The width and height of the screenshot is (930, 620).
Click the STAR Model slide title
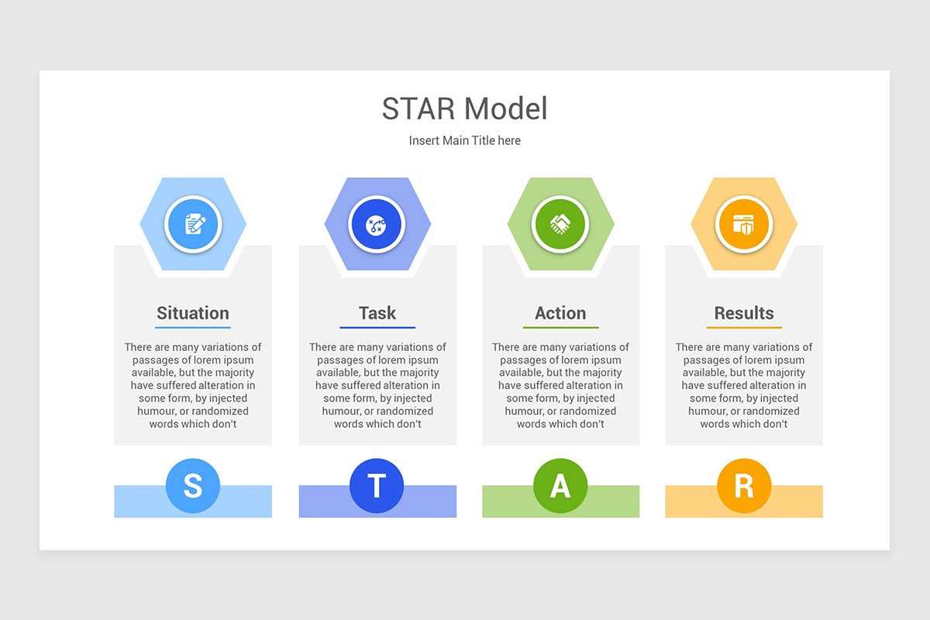465,108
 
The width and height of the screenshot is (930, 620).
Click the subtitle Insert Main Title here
465,140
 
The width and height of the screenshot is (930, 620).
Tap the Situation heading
193,313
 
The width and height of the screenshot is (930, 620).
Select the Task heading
377,313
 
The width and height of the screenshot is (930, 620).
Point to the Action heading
560,313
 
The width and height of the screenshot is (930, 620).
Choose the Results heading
744,313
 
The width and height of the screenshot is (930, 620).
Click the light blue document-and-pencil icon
193,225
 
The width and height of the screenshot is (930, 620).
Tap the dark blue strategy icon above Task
377,225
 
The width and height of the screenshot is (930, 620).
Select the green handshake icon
560,225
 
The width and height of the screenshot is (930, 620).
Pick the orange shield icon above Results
744,225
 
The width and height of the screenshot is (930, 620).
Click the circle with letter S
193,486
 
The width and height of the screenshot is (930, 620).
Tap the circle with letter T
377,486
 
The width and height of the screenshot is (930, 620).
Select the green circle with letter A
560,486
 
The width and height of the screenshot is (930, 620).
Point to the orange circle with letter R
744,486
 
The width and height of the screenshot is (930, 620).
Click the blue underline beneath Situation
193,328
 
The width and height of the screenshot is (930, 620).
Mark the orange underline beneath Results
744,328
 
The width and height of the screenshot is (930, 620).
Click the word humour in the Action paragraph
526,411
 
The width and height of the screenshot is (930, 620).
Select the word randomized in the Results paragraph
770,411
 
